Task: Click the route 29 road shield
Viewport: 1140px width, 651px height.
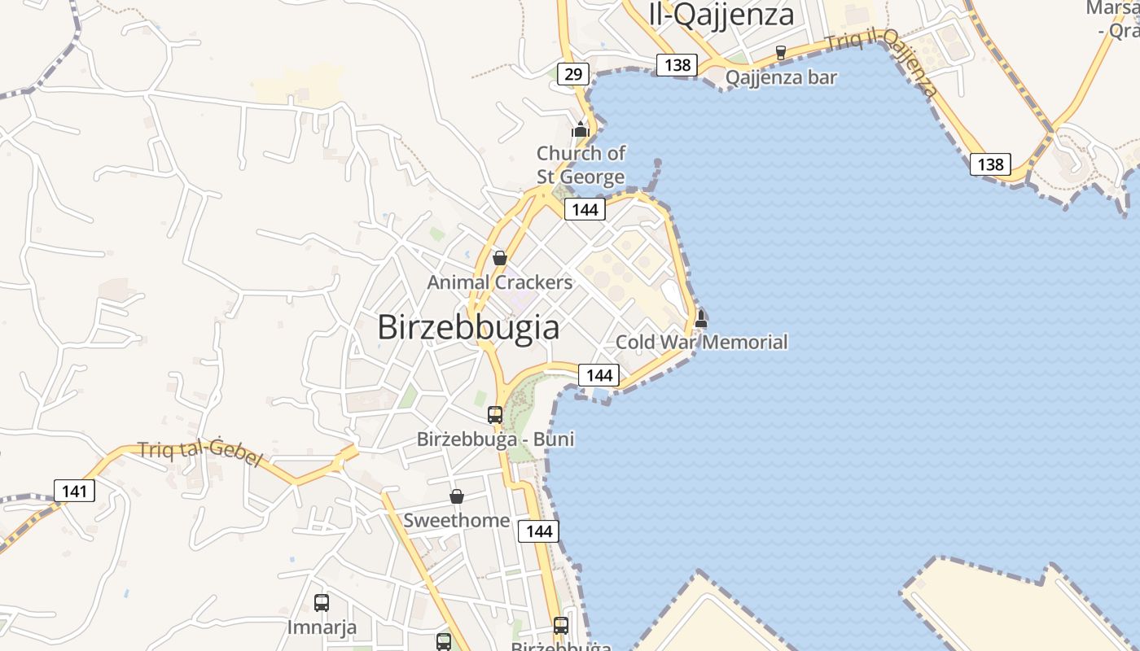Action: (x=573, y=74)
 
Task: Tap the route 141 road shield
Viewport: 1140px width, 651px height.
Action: (x=74, y=491)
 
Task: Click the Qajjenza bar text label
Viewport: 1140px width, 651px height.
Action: (x=781, y=77)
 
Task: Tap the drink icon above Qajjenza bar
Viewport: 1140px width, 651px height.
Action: (x=781, y=52)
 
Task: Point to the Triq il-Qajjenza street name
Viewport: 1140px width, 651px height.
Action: (x=882, y=62)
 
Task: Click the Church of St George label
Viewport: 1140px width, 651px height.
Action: (x=581, y=164)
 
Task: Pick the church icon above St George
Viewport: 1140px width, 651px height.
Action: (x=580, y=129)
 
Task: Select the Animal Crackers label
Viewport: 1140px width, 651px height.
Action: (x=500, y=282)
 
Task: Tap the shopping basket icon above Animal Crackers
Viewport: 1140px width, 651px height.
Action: (x=499, y=258)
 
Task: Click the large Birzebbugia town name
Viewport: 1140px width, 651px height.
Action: (x=468, y=327)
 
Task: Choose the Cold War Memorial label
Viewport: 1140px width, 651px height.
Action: (x=701, y=342)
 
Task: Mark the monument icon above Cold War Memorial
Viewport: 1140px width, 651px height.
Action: (x=700, y=318)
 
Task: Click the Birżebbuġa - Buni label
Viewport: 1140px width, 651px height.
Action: (x=495, y=439)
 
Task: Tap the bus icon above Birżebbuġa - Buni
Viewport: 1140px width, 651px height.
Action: (x=494, y=415)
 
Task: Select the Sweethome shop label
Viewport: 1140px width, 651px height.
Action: (x=457, y=521)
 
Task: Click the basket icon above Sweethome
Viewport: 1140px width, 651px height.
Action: (x=457, y=496)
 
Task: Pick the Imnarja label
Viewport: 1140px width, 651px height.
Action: (x=322, y=627)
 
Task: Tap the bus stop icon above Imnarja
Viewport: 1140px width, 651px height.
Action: (x=322, y=603)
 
